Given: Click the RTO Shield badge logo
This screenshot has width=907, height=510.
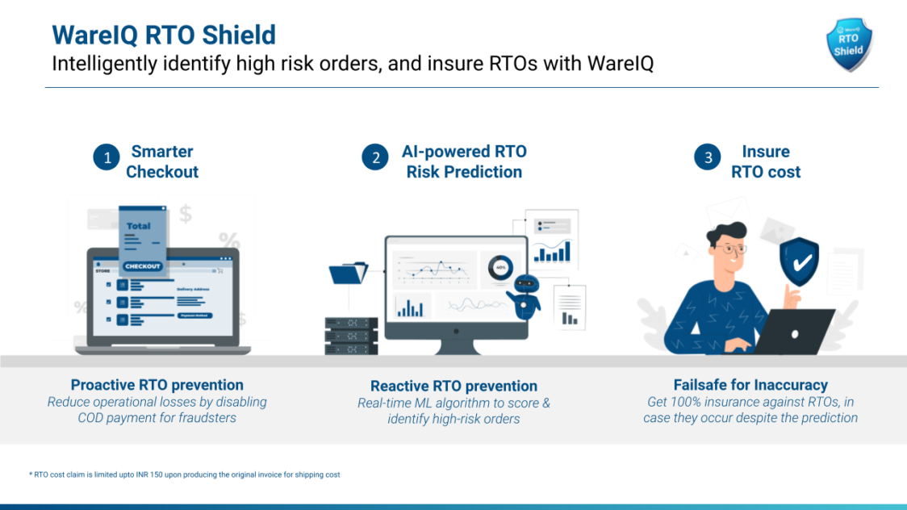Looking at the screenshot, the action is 849,44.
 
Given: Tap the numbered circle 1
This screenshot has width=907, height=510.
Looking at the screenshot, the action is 107,157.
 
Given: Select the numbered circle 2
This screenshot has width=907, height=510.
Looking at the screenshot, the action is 375,157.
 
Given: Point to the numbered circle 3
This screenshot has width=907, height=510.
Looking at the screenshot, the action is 708,157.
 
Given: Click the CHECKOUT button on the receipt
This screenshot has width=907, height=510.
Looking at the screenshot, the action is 142,266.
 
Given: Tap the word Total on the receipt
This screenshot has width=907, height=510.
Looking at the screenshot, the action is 138,226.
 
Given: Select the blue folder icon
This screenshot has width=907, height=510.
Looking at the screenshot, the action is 349,272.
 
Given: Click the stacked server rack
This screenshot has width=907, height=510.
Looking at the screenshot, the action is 351,336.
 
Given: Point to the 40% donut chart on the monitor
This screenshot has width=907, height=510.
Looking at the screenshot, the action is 499,268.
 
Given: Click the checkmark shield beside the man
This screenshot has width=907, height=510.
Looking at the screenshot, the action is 799,261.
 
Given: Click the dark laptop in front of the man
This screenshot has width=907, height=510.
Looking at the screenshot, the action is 794,332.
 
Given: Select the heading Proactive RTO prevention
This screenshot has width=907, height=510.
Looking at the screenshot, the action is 157,385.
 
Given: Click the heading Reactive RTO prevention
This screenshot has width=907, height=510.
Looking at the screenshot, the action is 453,386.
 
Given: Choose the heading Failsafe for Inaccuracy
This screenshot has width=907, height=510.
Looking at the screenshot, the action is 750,385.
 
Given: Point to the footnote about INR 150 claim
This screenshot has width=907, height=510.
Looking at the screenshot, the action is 185,474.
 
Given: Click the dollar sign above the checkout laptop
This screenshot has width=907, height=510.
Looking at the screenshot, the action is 185,214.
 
